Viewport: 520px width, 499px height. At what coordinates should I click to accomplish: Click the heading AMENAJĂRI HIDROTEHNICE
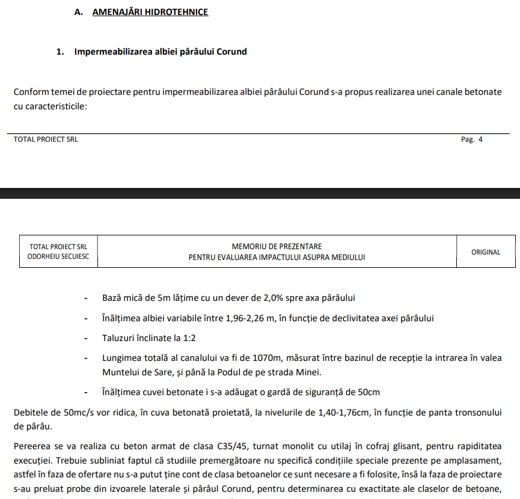pyautogui.click(x=150, y=12)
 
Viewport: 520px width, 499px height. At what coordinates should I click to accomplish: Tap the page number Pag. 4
pyautogui.click(x=471, y=139)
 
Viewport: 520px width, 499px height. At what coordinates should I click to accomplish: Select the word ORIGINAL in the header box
pyautogui.click(x=485, y=252)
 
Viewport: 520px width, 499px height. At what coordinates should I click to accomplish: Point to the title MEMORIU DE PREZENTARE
pyautogui.click(x=277, y=247)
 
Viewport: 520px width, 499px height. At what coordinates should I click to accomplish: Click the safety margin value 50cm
pyautogui.click(x=367, y=393)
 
